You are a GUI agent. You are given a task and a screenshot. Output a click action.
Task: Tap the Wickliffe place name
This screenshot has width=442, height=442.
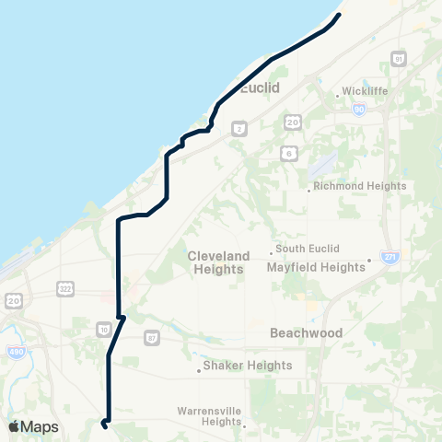pos(367,91)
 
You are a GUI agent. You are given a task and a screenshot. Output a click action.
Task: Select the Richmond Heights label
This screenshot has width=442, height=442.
pos(359,186)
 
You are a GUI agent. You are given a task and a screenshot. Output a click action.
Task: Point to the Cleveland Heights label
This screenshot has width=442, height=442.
pos(218,262)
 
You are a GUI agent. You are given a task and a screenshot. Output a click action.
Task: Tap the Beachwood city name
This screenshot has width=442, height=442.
pos(307,332)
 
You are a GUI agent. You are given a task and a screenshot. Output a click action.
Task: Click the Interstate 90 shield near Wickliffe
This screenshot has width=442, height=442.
pos(359,108)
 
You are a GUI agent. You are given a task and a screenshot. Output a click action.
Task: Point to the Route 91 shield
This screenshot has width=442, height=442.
pos(398,60)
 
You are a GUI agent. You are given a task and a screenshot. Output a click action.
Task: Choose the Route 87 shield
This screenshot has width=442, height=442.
pos(152,338)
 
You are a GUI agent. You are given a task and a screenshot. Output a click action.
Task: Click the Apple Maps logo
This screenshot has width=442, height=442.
pos(33,426)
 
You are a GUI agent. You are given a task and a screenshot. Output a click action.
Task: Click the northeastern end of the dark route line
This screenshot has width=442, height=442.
pos(340,15)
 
